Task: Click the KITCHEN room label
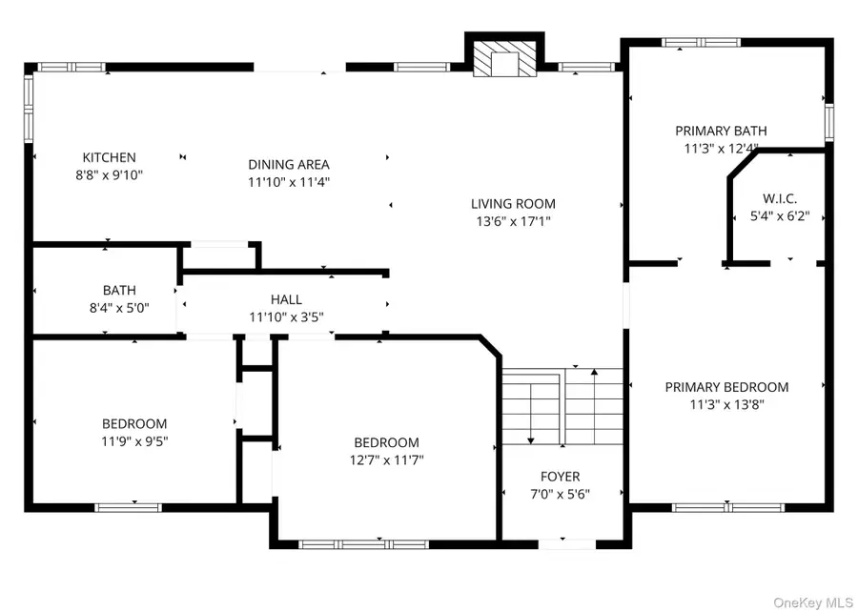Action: click(109, 157)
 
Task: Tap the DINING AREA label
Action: click(289, 165)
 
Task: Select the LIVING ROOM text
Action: click(513, 203)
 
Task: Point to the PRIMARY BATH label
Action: click(721, 132)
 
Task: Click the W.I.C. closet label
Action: click(779, 198)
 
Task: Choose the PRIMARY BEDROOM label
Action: click(726, 387)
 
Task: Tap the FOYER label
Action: click(560, 477)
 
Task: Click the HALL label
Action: click(287, 299)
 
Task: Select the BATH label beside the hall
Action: click(119, 290)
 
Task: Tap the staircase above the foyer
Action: click(562, 405)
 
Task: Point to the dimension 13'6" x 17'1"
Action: click(513, 220)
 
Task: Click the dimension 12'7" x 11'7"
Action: click(386, 459)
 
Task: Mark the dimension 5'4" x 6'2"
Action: click(779, 216)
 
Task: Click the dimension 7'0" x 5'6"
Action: click(560, 494)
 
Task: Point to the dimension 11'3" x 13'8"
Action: click(726, 404)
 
